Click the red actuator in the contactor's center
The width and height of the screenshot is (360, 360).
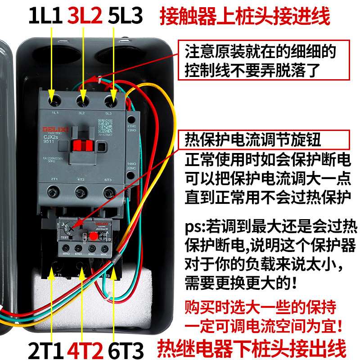coord(82,146)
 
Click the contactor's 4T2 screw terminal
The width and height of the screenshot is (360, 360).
coord(81,193)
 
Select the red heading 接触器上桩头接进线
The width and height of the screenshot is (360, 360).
coord(245,17)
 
